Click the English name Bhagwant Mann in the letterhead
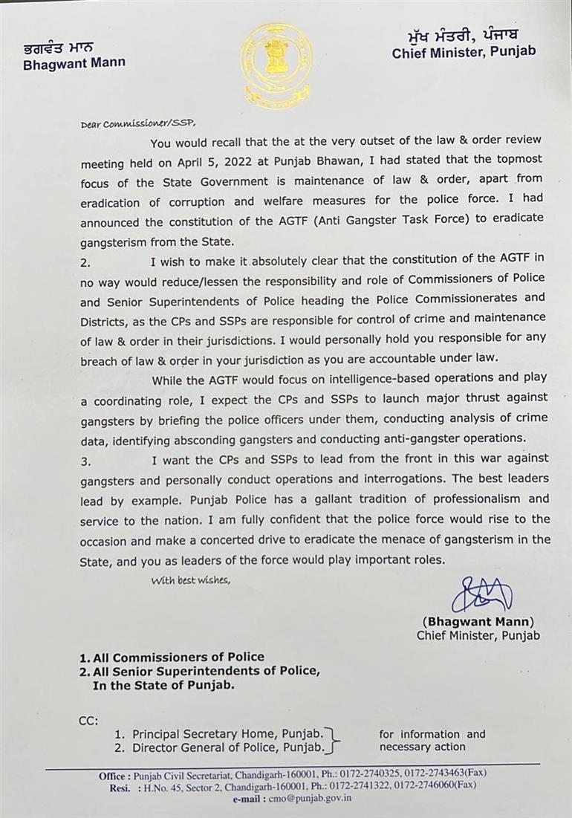[74, 63]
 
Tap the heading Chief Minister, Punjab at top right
[464, 53]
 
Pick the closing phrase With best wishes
[191, 580]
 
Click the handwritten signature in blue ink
[481, 594]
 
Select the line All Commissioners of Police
[172, 657]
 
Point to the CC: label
[88, 720]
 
